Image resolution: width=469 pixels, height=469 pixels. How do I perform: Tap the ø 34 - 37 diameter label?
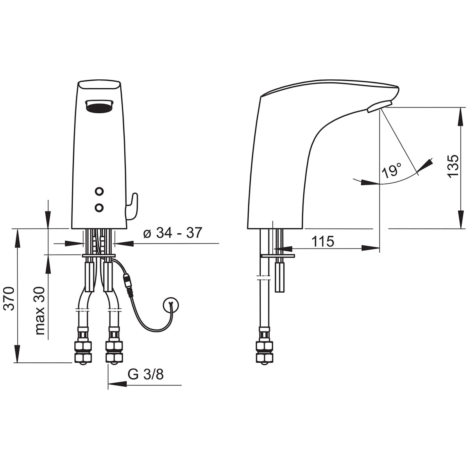173,233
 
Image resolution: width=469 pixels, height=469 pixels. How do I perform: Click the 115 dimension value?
323,242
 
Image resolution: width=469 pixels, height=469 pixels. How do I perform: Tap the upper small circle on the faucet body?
99,191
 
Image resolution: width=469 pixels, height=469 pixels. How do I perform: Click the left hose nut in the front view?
83,352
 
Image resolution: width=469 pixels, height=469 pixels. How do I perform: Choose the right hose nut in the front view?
114,352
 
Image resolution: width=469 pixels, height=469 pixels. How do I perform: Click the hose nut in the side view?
265,352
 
